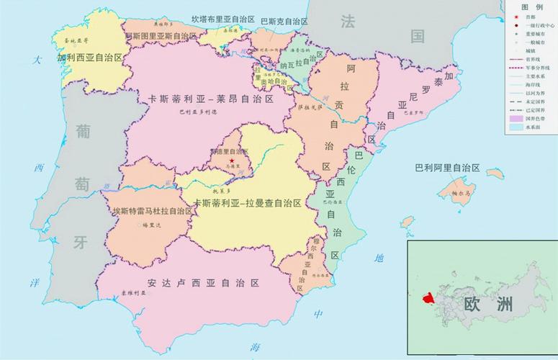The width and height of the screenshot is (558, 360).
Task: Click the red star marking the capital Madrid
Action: tap(232, 160)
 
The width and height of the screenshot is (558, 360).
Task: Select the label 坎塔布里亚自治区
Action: tap(224, 19)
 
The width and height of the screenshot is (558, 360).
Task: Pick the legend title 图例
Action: tap(531, 5)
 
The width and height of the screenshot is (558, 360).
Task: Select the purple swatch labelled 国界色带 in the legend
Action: tap(516, 117)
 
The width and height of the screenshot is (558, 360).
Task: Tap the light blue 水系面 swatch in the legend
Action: tap(516, 127)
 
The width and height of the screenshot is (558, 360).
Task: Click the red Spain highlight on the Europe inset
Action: tap(426, 297)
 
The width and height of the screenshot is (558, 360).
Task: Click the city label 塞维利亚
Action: tap(132, 294)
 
